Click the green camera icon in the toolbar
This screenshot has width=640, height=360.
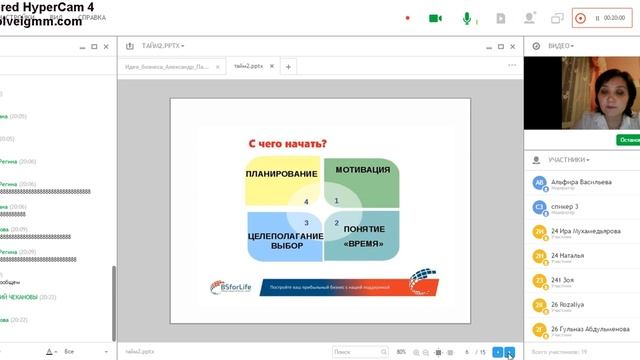[435, 18]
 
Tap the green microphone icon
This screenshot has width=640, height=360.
[466, 18]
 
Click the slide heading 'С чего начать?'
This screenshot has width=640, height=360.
[288, 143]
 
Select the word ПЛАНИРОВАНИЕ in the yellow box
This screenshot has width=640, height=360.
[280, 173]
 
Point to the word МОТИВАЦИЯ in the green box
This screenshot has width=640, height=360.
[362, 170]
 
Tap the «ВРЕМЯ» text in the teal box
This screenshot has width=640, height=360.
[364, 243]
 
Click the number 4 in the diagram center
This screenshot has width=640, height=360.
[306, 202]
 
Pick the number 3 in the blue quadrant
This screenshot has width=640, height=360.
[307, 222]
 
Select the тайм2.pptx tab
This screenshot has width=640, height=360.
[250, 66]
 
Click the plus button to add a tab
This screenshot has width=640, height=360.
[289, 66]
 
